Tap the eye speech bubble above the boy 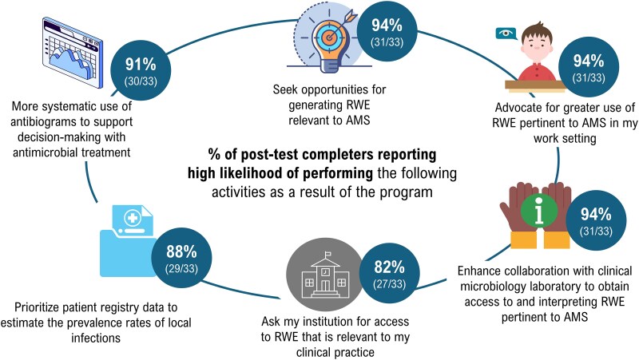pyautogui.click(x=505, y=34)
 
